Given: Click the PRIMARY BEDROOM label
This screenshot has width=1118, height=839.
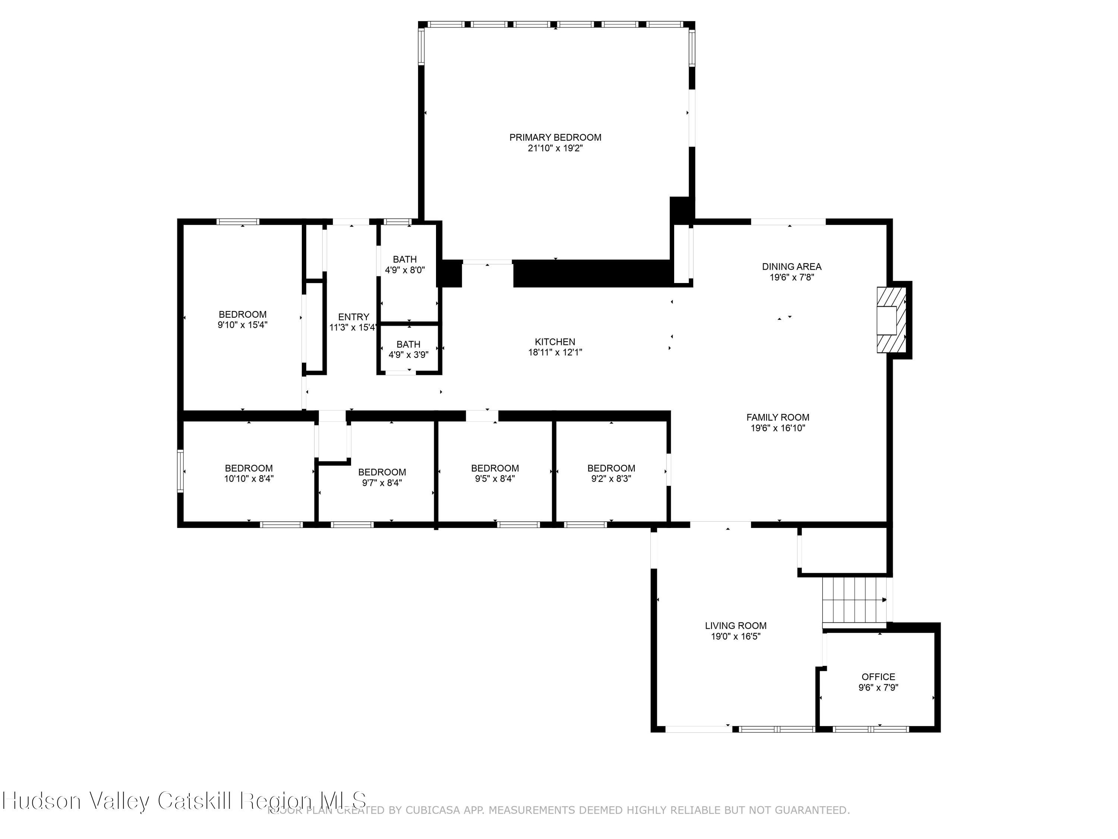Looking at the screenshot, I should point(555,137).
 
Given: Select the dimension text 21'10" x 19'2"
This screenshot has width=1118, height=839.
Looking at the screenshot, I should point(555,148).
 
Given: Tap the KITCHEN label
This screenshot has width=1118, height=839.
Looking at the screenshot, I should point(555,342).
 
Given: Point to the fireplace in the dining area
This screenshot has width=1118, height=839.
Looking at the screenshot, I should point(893,320).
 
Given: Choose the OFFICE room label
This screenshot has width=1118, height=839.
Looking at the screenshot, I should point(878,677).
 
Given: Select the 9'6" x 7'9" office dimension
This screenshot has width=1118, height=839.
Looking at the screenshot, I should point(878,688).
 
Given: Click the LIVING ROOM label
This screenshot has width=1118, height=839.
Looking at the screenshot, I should point(735,626).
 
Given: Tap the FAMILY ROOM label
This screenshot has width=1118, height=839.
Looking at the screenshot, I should point(777,417).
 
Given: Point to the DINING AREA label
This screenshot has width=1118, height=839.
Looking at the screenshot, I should point(792,267).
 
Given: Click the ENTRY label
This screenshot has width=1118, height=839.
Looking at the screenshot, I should point(353,317).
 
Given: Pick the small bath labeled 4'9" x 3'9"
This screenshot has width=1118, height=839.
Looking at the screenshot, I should point(408,349).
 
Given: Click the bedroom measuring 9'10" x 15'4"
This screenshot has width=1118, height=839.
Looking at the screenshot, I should point(242,320).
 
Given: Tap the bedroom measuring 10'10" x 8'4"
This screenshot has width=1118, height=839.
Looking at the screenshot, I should point(249,473).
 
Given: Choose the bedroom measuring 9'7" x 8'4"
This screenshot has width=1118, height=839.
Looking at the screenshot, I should point(382,477).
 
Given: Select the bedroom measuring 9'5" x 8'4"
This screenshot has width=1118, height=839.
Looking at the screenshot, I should point(495,473).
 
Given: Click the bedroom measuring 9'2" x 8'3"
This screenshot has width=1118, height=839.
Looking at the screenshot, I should point(611,473).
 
